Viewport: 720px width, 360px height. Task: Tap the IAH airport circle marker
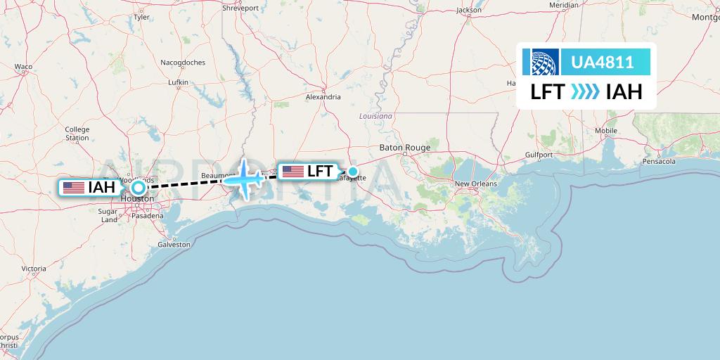139,187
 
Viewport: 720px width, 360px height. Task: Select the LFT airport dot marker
353,171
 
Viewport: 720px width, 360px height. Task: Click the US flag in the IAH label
73,188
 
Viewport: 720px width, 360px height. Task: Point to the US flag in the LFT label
292,171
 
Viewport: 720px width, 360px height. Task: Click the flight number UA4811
603,63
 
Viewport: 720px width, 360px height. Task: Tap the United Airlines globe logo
546,62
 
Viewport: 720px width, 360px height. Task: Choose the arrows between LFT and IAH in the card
585,92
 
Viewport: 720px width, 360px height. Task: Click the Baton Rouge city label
404,148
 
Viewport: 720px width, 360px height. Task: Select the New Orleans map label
475,184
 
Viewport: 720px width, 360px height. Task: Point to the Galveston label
173,245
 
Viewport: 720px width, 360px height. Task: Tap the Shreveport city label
241,8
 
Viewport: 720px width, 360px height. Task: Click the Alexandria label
323,97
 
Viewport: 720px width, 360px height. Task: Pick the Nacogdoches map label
183,63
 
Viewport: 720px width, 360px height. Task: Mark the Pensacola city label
659,162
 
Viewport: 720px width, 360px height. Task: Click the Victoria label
34,269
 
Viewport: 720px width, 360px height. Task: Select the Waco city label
23,67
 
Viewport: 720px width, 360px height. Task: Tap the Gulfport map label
539,155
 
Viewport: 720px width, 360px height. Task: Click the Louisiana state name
376,115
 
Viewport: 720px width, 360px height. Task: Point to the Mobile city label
605,131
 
